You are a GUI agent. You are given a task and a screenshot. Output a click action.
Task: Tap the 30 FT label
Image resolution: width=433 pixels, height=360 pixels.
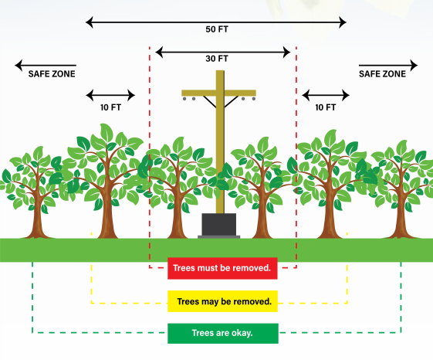(218, 59)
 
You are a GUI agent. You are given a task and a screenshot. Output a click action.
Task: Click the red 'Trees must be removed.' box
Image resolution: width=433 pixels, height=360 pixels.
(222, 269)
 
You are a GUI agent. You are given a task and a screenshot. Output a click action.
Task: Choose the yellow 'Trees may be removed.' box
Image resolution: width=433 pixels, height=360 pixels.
(222, 301)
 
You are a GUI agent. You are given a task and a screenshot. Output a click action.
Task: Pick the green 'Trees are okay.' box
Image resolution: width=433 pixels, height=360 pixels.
(222, 334)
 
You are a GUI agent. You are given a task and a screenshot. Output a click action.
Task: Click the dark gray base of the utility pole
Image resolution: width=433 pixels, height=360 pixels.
(221, 226)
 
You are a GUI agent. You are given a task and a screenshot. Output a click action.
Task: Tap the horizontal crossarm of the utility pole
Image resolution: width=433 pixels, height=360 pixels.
(218, 93)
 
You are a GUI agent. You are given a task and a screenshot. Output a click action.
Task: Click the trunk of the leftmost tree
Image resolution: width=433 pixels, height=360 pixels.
(34, 220)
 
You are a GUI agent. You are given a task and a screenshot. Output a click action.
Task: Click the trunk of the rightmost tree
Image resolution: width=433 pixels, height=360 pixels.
(401, 220)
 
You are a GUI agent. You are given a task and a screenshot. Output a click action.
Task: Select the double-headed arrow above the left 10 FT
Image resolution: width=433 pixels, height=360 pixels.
(110, 96)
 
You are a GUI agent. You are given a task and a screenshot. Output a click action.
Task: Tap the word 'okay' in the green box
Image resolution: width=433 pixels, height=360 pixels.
(239, 335)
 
